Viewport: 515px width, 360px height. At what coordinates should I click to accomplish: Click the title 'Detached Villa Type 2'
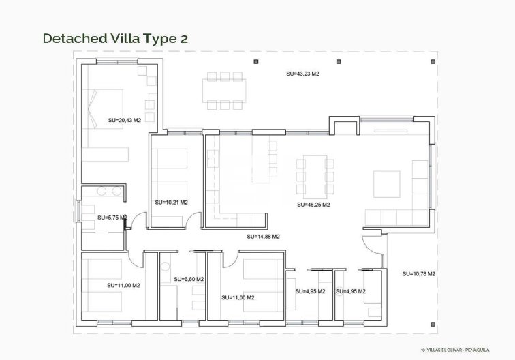(x=115, y=38)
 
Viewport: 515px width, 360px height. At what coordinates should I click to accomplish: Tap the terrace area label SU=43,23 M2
(x=302, y=73)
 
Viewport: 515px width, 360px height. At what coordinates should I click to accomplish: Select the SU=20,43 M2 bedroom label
(x=124, y=120)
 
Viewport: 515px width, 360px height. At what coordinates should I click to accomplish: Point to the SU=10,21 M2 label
(x=171, y=202)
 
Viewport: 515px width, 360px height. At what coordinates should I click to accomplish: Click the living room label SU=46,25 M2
(x=313, y=204)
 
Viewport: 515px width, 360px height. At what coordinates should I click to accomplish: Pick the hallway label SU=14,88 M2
(x=263, y=237)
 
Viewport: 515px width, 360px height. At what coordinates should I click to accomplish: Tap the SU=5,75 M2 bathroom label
(x=112, y=217)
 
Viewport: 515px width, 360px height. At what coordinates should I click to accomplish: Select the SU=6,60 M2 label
(x=189, y=279)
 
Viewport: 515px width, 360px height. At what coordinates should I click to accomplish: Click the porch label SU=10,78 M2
(x=418, y=273)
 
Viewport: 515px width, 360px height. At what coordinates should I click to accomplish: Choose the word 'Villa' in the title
(x=123, y=38)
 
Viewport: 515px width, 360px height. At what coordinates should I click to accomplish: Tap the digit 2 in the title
(x=183, y=38)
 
